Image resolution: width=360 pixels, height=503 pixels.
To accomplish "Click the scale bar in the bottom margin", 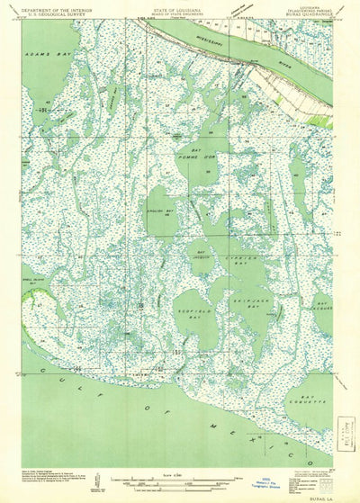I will [171, 482].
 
